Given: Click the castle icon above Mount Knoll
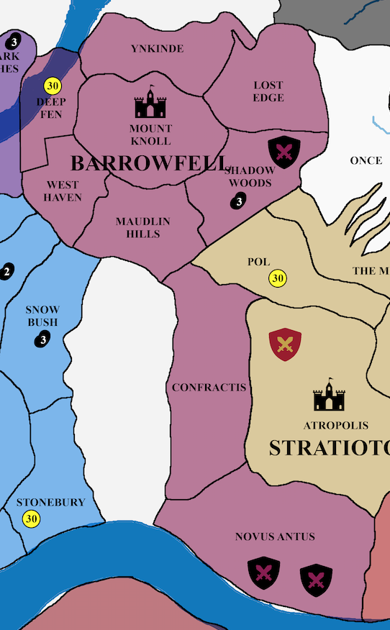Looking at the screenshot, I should pos(150,103).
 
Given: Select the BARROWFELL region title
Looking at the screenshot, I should pos(150,163).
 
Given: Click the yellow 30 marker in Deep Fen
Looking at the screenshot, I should pos(52,86).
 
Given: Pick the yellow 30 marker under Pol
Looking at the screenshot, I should pos(278,278).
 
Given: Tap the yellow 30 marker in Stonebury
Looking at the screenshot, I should pos(31,519).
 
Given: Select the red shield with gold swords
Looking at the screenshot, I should pos(285,344).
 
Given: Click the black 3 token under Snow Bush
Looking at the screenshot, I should pos(43,339).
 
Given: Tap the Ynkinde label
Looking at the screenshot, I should pos(157,49).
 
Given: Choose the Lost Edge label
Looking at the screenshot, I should pos(268,91).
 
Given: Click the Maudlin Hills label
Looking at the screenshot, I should pos(143,227).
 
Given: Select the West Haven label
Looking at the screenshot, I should pos(63,191).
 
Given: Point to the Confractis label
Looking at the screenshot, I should pos(209,388).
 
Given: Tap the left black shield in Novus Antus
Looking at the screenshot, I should pos(263,572).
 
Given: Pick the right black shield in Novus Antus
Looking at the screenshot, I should pos(316,577).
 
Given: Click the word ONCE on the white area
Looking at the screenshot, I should pos(366,160).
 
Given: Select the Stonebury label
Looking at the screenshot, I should pos(50,503).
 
